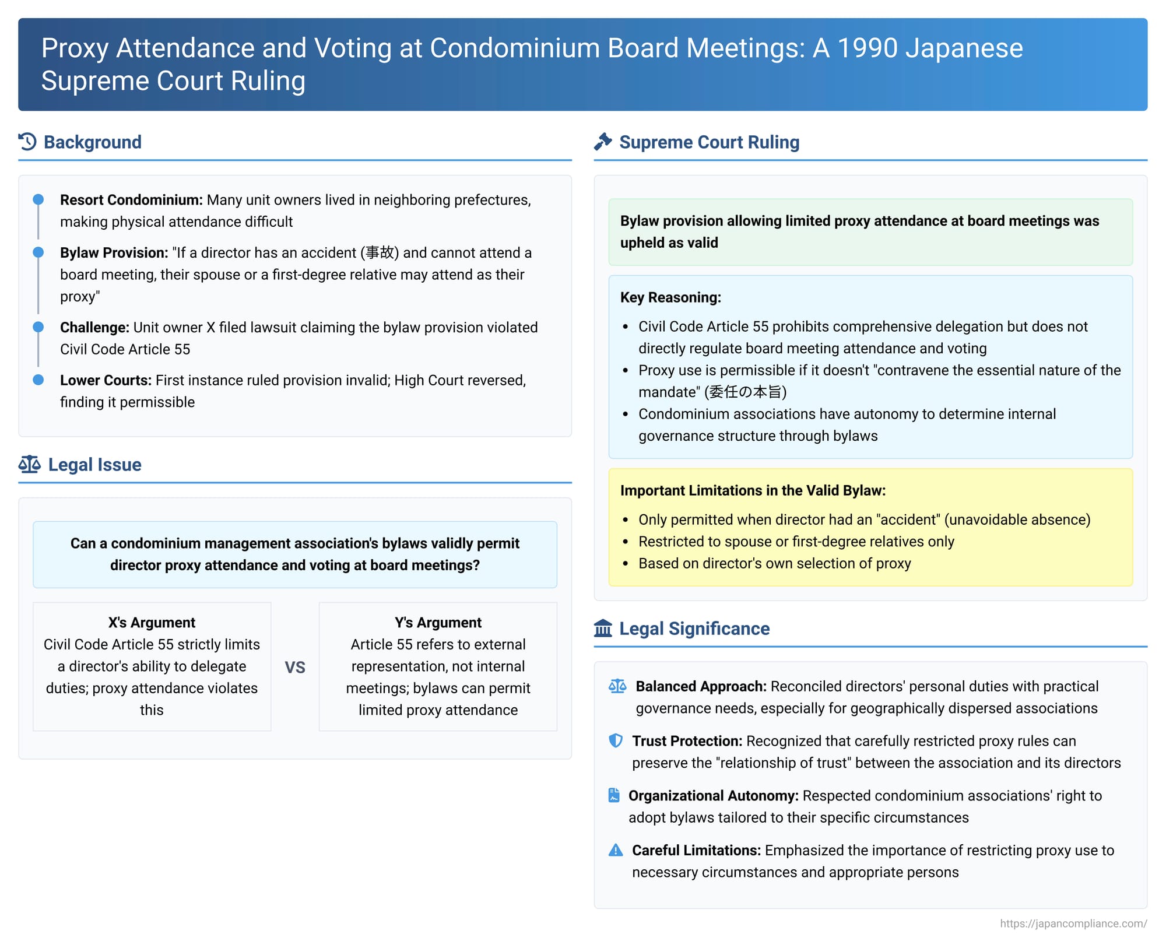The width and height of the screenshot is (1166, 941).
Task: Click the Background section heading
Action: (92, 142)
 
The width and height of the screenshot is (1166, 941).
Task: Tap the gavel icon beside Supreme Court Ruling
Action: (603, 142)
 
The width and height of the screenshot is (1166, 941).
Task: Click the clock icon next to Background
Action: (27, 142)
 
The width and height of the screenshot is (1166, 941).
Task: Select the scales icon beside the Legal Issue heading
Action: (29, 465)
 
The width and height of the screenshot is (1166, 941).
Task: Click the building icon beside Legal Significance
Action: (603, 628)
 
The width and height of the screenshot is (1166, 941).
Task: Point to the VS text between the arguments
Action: (295, 667)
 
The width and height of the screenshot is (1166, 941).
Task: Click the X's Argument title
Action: (152, 623)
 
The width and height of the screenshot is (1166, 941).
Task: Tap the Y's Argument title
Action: (438, 623)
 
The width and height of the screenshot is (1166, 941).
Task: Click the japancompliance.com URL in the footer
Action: (1073, 924)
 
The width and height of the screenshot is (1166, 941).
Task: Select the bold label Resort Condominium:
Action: (131, 200)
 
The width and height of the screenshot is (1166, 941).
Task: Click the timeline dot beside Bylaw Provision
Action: (38, 252)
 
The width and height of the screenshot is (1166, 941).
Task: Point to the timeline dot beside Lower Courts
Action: (38, 380)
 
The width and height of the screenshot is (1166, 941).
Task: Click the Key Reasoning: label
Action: (670, 297)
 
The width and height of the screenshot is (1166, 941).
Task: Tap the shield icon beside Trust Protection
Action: (616, 741)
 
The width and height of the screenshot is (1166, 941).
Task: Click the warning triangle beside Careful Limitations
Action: (616, 851)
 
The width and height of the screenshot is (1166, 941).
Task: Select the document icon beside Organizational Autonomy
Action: (614, 796)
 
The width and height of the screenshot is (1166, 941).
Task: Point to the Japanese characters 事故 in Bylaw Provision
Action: (380, 253)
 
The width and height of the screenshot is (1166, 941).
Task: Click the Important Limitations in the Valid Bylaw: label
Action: (753, 490)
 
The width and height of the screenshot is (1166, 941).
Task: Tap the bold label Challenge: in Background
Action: (94, 328)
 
